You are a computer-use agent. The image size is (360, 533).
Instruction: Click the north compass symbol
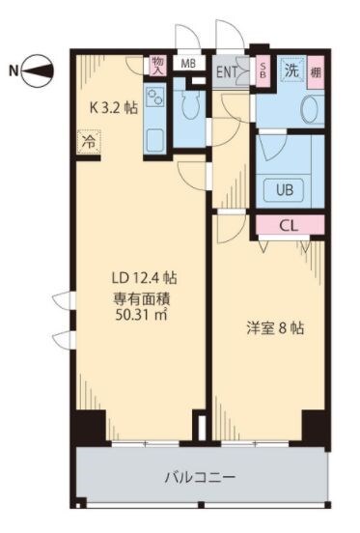[x=38, y=71]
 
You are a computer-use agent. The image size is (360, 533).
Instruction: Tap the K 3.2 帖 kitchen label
[x=114, y=108]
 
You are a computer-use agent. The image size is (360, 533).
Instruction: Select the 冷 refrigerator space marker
[x=90, y=142]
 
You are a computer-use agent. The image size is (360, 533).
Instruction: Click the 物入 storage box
[x=158, y=66]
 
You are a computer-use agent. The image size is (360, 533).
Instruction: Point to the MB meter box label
[x=188, y=63]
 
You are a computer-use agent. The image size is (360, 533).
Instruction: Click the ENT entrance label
[x=227, y=71]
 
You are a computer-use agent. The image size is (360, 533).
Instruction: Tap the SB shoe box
[x=263, y=70]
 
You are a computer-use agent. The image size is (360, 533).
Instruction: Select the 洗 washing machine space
[x=292, y=70]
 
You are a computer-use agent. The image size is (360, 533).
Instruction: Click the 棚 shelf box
[x=316, y=72]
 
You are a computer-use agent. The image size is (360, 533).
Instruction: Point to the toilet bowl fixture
[x=190, y=103]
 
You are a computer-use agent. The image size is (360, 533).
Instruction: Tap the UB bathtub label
[x=285, y=189]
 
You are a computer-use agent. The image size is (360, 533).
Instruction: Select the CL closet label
[x=289, y=225]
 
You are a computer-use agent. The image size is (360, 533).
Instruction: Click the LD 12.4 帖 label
[x=145, y=278]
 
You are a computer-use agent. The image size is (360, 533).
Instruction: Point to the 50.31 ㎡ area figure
[x=141, y=315]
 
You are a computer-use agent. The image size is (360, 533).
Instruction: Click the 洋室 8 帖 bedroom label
[x=275, y=328]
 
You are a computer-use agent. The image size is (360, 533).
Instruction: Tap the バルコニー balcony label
[x=200, y=478]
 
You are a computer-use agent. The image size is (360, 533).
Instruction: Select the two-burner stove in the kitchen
[x=154, y=97]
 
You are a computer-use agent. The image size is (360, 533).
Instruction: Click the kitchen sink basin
[x=155, y=140]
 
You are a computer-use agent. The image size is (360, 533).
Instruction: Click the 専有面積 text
[x=141, y=298]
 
